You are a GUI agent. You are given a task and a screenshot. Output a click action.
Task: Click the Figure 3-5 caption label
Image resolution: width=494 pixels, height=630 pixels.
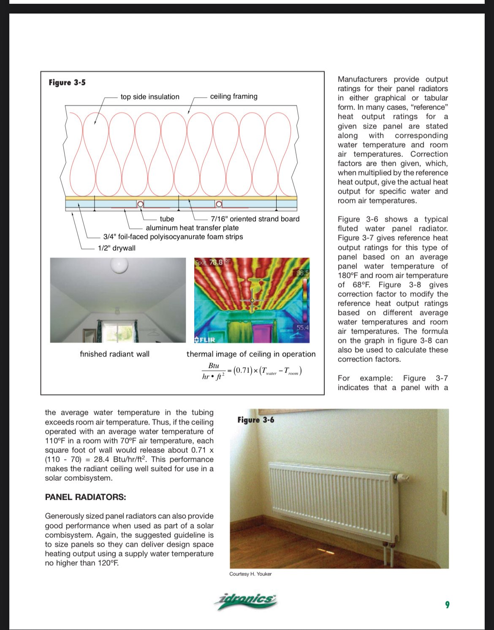pos(67,82)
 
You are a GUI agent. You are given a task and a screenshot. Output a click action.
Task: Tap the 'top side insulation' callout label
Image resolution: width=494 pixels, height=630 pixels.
pos(150,97)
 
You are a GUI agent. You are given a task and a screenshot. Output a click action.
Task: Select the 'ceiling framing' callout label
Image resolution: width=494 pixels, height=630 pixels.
pos(233,96)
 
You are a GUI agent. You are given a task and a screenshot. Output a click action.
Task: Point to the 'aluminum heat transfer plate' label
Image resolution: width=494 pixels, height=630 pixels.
pos(192,228)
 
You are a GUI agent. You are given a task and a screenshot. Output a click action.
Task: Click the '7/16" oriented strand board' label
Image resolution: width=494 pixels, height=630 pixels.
pos(255,219)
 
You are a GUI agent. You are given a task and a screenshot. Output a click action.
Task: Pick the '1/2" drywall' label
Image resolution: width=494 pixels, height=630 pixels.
pos(117,248)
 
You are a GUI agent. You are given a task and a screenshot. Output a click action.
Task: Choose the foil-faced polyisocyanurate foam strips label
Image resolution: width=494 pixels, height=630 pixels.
pos(173,237)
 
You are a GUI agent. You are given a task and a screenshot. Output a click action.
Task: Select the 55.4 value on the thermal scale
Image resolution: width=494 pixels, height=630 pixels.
pos(302,328)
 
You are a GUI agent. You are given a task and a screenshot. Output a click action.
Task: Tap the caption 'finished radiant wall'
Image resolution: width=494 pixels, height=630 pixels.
pos(114,354)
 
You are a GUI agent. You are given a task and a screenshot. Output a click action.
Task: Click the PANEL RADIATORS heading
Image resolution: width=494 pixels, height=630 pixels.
pos(85,497)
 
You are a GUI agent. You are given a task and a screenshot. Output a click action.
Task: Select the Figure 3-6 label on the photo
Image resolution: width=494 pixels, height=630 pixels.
pos(255,420)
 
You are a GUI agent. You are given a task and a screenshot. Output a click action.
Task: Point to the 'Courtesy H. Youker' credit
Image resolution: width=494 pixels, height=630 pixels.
pos(250,574)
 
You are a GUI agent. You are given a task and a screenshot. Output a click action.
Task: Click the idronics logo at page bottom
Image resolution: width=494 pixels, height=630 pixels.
pos(246,600)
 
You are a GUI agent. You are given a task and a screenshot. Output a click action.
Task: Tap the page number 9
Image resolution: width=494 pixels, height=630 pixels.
pos(448,605)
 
